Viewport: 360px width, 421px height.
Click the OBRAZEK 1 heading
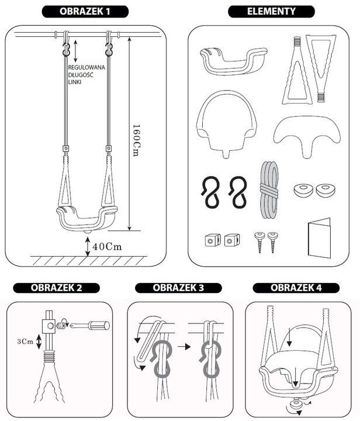[x=85, y=12]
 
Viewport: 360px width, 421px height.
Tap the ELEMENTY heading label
[x=271, y=11]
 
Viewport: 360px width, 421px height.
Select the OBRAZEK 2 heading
[x=56, y=288]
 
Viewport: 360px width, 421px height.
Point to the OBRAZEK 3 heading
[x=178, y=288]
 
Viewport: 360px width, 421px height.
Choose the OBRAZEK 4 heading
[x=296, y=288]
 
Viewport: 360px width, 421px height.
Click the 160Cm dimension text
[x=136, y=140]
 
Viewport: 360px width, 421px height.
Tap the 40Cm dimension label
[x=107, y=247]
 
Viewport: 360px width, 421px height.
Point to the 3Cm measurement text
[x=25, y=341]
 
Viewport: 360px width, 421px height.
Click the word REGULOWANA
[x=86, y=67]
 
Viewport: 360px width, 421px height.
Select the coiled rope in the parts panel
[x=269, y=190]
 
